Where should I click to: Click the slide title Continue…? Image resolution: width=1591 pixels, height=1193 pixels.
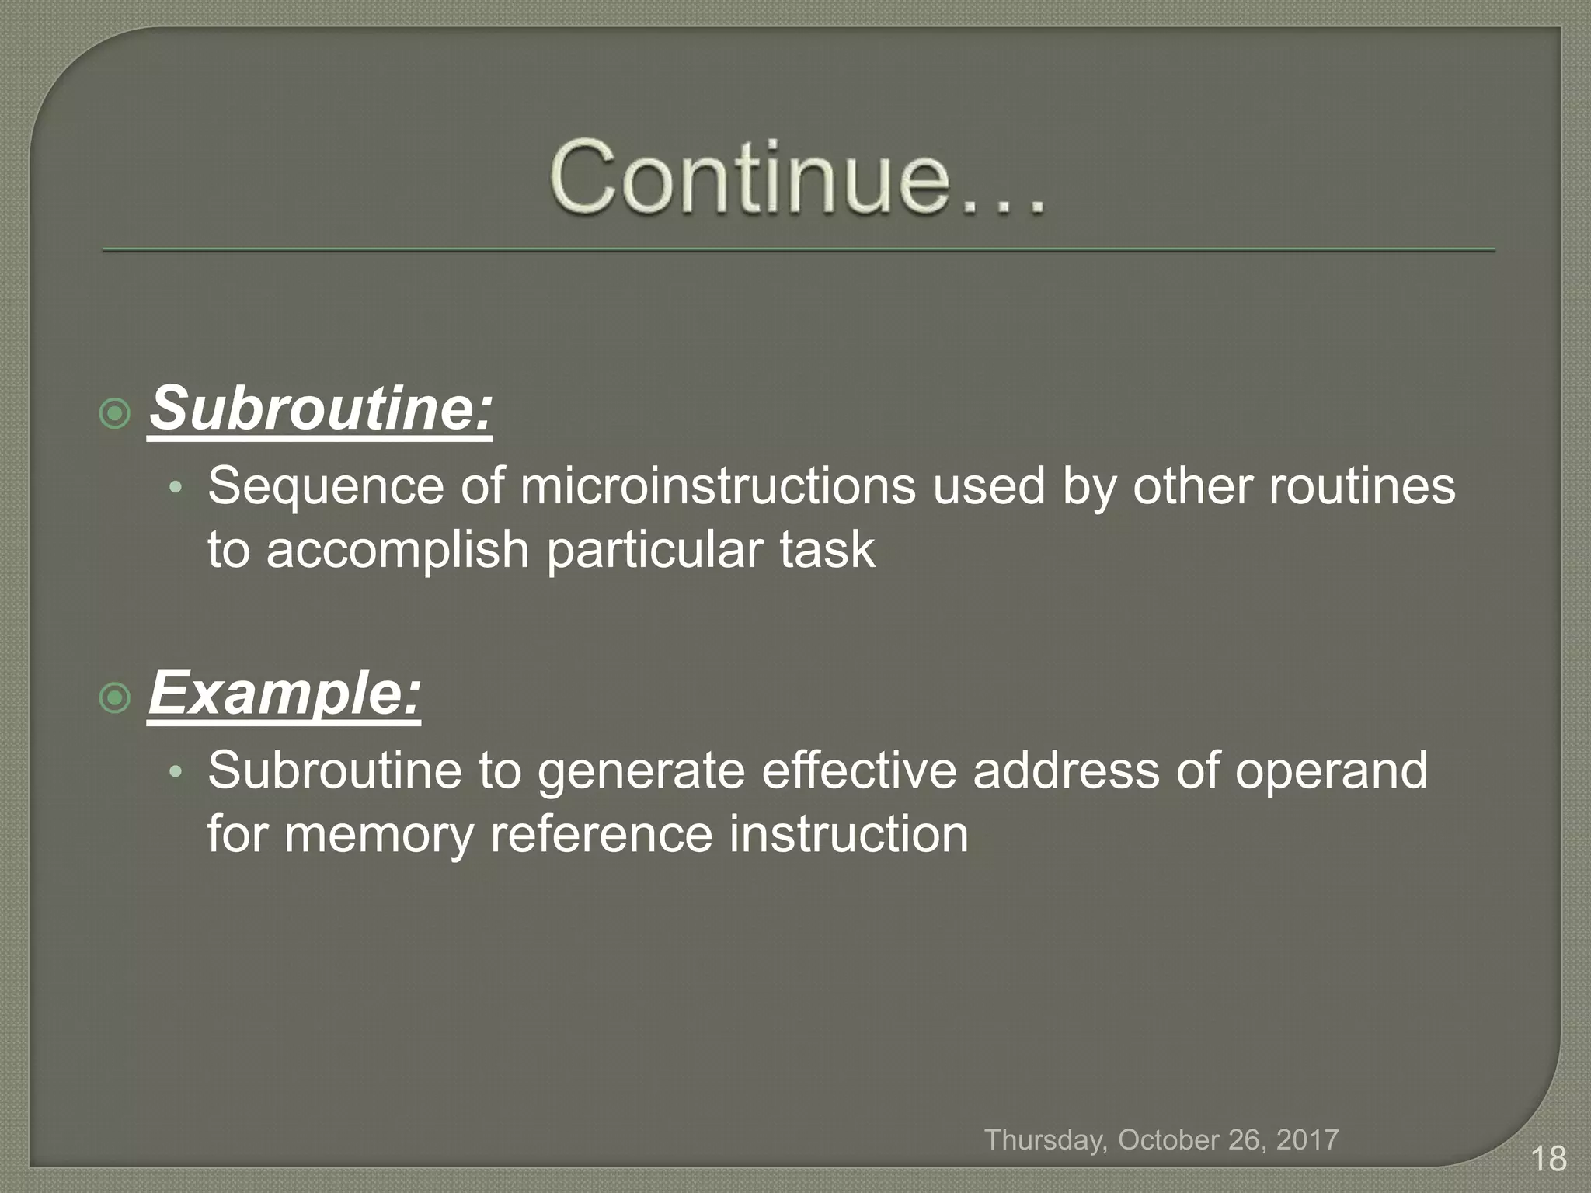coord(799,177)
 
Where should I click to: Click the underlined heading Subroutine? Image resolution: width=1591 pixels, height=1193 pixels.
coord(320,409)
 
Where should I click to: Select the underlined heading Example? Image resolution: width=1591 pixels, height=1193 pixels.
coord(284,693)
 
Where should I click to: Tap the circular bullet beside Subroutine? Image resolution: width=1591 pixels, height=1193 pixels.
coord(116,413)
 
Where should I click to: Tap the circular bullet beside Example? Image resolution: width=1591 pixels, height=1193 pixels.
coord(116,697)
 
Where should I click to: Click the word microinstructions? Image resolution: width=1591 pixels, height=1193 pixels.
coord(718,487)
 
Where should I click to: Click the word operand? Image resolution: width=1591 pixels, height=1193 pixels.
coord(1331,770)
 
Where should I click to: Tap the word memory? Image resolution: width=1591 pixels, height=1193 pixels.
coord(379,834)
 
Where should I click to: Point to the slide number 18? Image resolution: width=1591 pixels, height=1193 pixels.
coord(1548,1160)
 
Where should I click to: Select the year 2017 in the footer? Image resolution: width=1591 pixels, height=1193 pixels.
coord(1307,1139)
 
